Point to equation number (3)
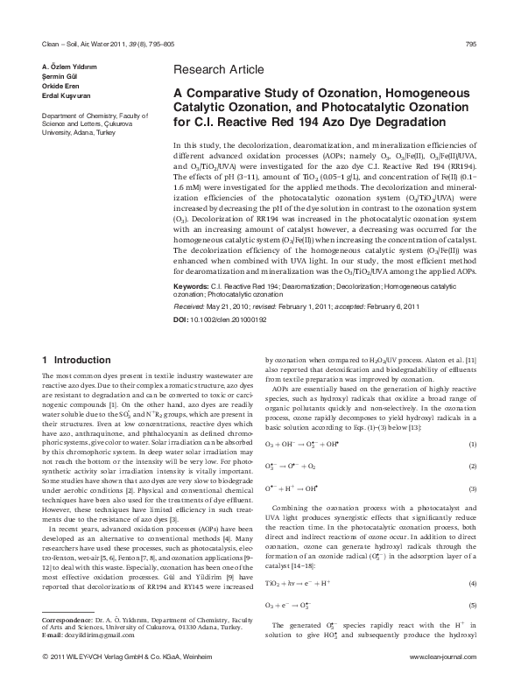point(472,488)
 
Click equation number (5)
point(472,606)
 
